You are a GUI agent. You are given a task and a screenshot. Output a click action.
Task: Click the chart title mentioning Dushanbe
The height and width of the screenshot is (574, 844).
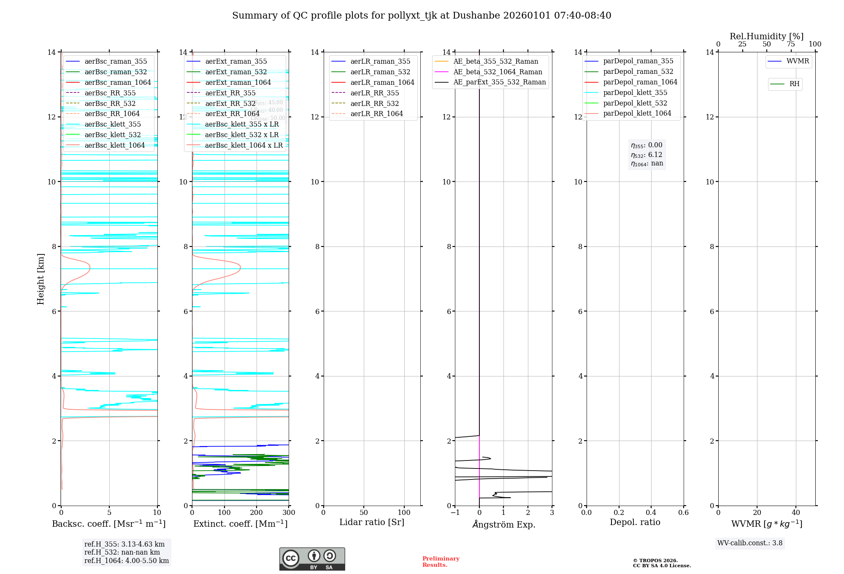[x=422, y=16]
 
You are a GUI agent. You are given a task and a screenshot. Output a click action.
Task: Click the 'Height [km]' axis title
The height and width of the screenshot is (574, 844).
[x=41, y=279]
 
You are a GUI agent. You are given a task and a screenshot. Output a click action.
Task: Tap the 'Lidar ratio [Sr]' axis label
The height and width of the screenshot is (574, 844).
[x=372, y=523]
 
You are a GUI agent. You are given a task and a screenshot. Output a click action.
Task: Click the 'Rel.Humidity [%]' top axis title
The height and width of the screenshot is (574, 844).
[x=766, y=36]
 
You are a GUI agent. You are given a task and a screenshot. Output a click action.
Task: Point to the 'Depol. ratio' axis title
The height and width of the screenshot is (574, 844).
[x=635, y=523]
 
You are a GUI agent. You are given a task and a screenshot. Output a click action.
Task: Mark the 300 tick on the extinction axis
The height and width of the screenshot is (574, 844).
[x=289, y=513]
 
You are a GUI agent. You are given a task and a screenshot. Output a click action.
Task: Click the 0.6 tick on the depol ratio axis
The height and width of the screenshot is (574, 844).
[x=683, y=513]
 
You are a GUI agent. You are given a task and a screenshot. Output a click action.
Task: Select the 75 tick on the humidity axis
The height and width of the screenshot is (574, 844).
[x=790, y=44]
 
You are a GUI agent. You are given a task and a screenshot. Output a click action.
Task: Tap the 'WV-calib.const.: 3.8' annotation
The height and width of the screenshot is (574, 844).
[x=750, y=543]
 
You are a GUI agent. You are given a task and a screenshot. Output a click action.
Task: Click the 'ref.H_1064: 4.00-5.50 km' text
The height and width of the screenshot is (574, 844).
[x=127, y=561]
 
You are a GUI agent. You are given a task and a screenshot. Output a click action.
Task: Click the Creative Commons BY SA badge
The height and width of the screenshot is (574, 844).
[x=312, y=559]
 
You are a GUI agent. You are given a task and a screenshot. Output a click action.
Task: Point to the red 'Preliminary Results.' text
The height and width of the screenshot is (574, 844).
[x=441, y=562]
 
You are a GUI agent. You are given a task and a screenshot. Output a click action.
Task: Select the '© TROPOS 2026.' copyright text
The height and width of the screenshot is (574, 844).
[x=655, y=561]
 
